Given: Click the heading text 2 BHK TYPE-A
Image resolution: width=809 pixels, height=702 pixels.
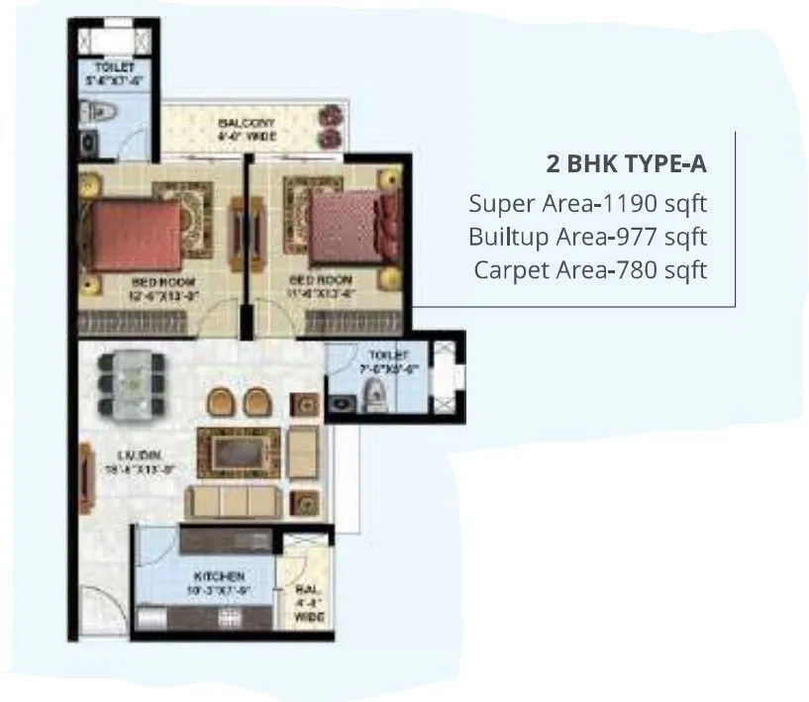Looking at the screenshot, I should (627, 163).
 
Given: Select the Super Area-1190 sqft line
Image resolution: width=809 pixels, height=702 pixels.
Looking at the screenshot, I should (588, 204).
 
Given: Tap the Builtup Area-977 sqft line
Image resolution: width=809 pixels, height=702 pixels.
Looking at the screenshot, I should (588, 237).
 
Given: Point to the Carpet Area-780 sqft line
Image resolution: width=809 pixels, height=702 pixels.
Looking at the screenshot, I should (590, 269).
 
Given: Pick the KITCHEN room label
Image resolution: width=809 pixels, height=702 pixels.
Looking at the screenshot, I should (219, 575).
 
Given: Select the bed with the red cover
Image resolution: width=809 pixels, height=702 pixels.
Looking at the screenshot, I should (131, 230).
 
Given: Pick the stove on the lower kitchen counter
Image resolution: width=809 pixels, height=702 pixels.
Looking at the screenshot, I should (229, 619).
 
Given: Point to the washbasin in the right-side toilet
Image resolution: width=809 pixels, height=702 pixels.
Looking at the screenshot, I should (346, 402).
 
